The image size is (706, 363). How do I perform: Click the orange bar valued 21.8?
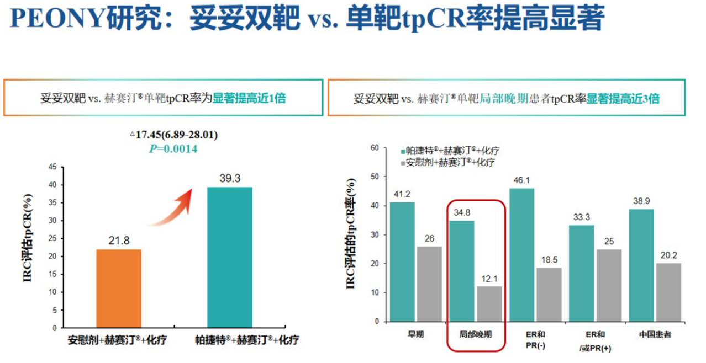(x=119, y=288)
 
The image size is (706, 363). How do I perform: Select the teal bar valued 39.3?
(x=230, y=257)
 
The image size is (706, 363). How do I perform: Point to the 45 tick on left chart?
(x=52, y=167)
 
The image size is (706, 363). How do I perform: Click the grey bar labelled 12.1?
(x=489, y=303)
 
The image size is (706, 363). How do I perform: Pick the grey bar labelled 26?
(x=429, y=284)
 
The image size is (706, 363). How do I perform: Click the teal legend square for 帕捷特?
(x=402, y=151)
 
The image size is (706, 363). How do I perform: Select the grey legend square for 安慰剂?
(x=402, y=163)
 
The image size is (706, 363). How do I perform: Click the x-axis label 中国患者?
(x=655, y=335)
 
